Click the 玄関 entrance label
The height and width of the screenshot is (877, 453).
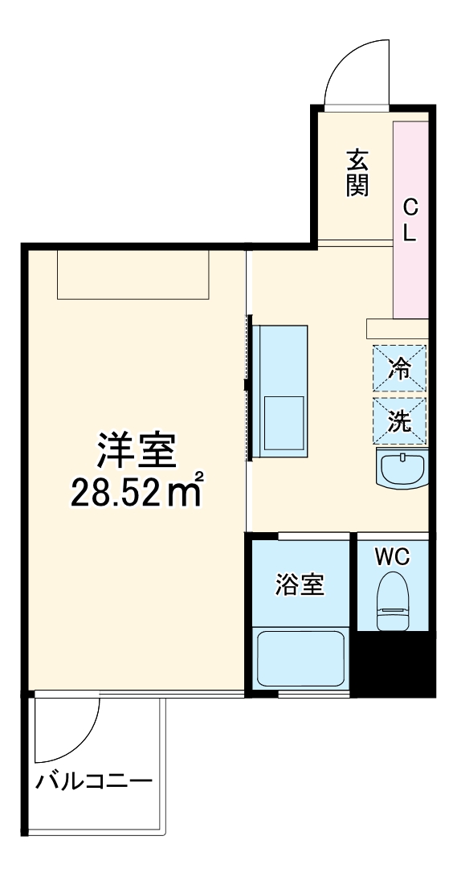point(357,173)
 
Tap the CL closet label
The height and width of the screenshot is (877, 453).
point(410,221)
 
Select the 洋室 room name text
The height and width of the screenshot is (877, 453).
point(137,452)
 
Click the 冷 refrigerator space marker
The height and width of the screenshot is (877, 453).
point(399,369)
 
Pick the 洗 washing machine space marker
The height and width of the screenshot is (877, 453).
point(399,421)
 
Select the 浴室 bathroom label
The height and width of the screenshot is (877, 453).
point(300,584)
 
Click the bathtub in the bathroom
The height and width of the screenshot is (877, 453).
point(300,658)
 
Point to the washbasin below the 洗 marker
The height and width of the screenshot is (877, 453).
point(402,468)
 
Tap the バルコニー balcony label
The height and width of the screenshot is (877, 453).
point(94,781)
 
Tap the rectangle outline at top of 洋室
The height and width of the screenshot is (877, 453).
point(133,274)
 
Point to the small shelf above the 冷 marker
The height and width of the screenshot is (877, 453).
point(397,329)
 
